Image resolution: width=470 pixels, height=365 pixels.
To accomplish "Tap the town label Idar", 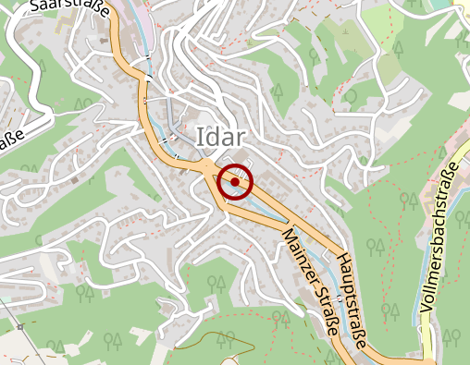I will pyautogui.click(x=221, y=135).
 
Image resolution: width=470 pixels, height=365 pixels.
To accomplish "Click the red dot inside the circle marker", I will pyautogui.click(x=236, y=182).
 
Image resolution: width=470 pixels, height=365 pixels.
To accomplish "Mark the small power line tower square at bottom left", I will pyautogui.click(x=19, y=326).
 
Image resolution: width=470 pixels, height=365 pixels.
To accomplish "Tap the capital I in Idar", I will pyautogui.click(x=201, y=135).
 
